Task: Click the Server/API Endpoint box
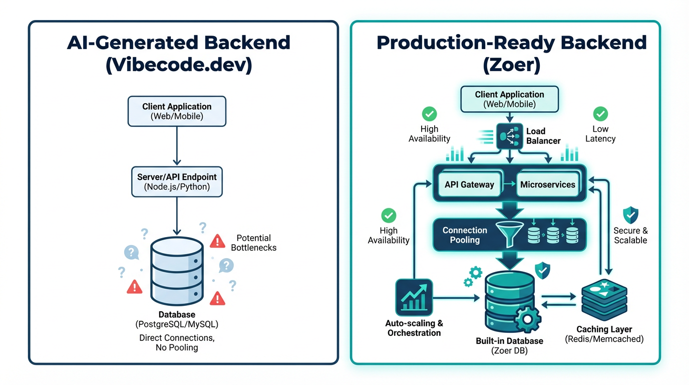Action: click(177, 182)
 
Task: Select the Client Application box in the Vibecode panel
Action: click(177, 111)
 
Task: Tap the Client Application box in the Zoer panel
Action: click(509, 99)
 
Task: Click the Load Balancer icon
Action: click(509, 135)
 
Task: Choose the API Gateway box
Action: click(469, 184)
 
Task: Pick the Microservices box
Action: click(548, 184)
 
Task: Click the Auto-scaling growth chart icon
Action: click(414, 298)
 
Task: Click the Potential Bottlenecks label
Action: click(253, 243)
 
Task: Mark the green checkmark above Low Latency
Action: click(600, 114)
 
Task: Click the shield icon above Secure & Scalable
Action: click(630, 215)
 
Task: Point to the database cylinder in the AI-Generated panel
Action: click(177, 271)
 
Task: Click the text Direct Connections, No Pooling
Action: click(177, 342)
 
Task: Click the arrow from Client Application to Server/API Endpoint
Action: click(177, 145)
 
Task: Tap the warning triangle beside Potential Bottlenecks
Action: click(217, 241)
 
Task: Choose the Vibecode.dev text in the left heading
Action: click(178, 65)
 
